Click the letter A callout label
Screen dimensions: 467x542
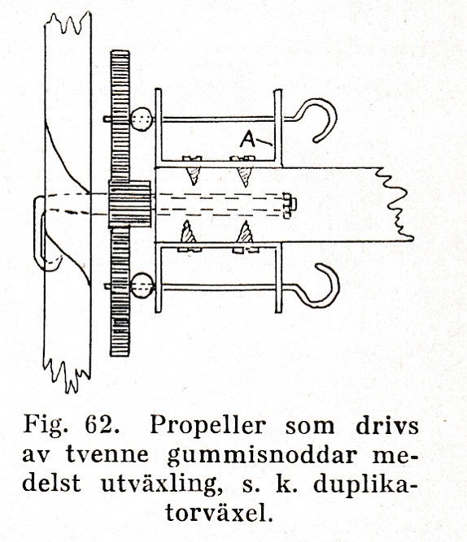point(248,139)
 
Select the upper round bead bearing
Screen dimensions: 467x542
point(142,119)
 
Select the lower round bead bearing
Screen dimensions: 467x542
point(142,286)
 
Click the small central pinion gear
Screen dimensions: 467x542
point(129,204)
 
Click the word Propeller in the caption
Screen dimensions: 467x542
point(207,426)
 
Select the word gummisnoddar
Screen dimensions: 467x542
point(262,455)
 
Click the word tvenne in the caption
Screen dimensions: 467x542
point(107,454)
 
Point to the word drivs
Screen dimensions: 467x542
point(387,425)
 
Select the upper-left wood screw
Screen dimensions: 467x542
point(193,170)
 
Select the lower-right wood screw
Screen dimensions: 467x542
point(246,236)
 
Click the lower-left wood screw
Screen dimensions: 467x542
point(188,236)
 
